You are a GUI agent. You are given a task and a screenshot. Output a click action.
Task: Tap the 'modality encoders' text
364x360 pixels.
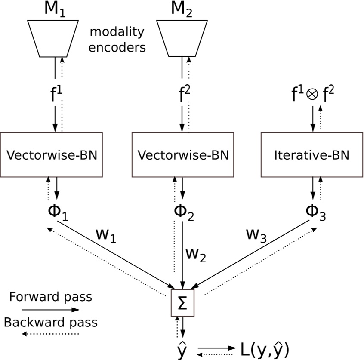pyautogui.click(x=117, y=40)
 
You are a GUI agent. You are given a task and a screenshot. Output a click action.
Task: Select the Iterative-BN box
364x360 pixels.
pyautogui.click(x=312, y=155)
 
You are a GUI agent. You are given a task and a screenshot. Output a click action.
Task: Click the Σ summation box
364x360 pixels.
pyautogui.click(x=182, y=304)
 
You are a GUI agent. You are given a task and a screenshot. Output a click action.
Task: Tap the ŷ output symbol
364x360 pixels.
pyautogui.click(x=182, y=349)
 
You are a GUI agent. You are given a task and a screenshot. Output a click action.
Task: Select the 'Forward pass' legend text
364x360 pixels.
pyautogui.click(x=50, y=297)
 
